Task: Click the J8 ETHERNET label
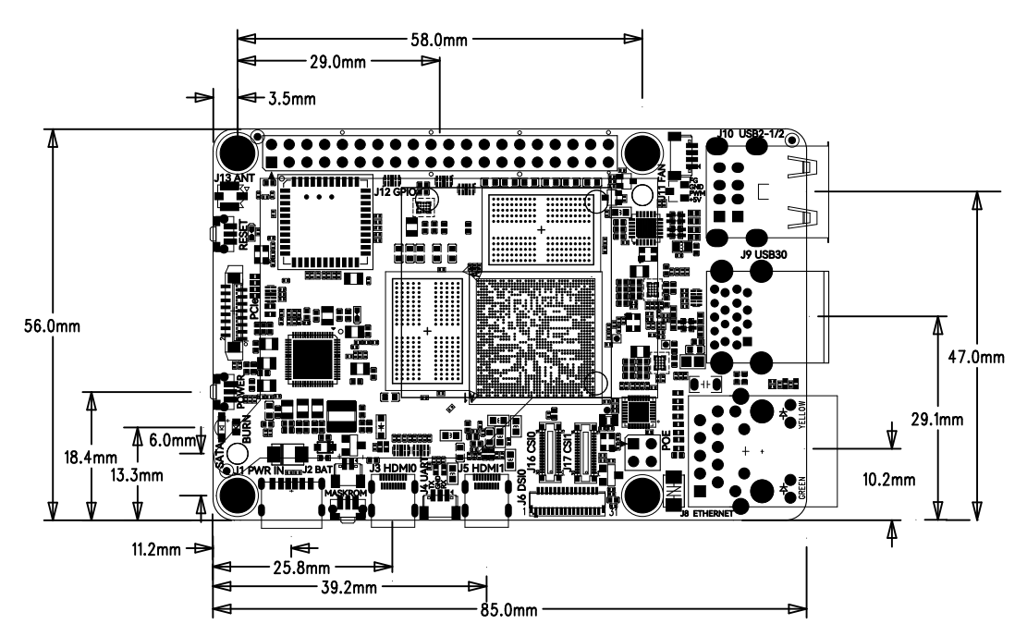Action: [706, 514]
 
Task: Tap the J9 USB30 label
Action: [763, 254]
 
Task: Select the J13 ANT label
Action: [233, 177]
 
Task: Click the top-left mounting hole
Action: [238, 152]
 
